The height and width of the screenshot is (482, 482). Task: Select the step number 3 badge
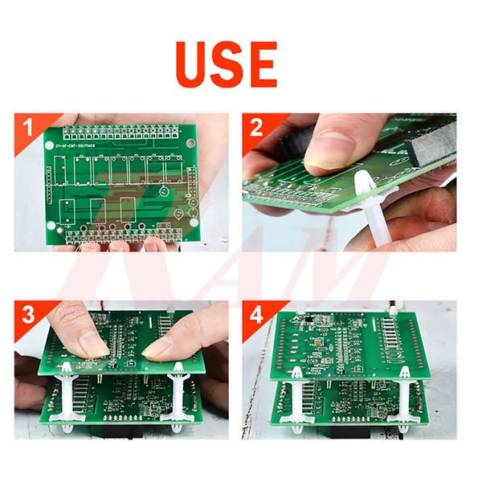coord(28,315)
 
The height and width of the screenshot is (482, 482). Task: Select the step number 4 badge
coord(257,315)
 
